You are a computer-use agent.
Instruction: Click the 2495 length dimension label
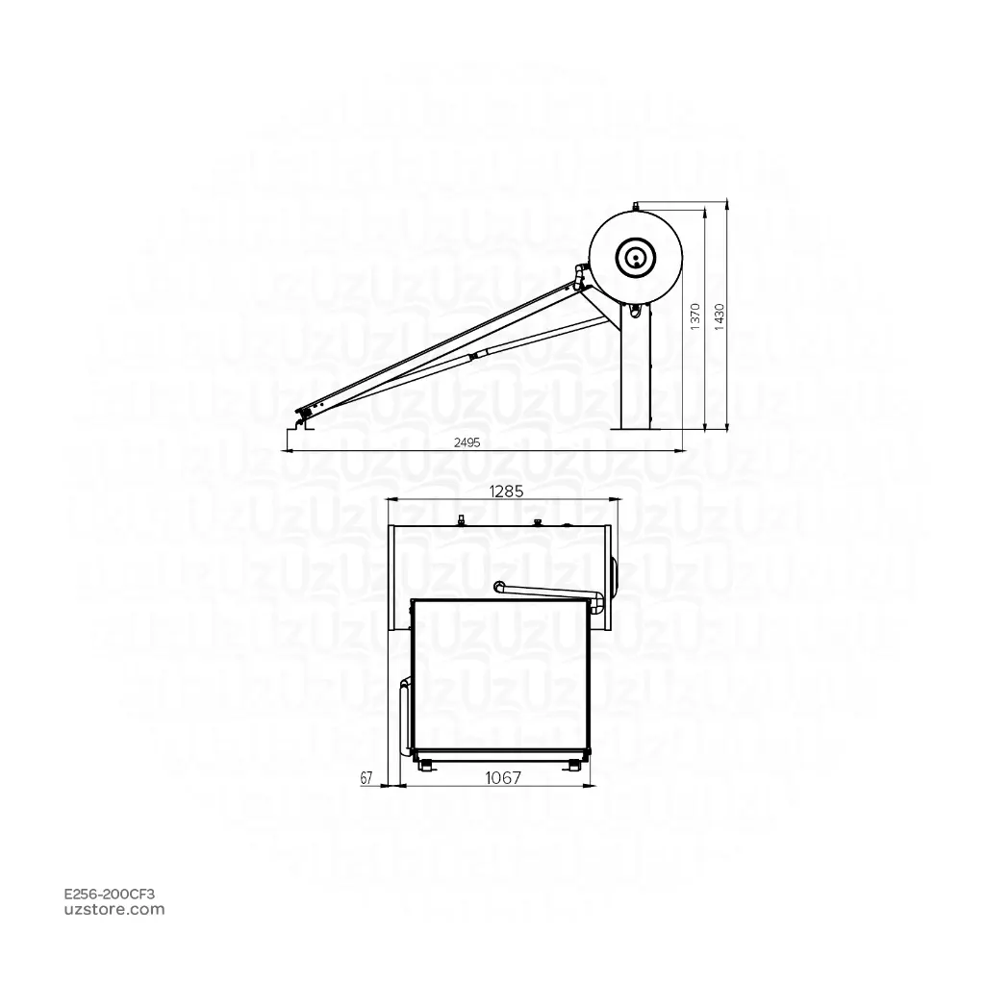467,442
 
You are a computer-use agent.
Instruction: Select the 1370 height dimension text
694,316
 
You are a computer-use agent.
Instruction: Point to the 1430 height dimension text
719,316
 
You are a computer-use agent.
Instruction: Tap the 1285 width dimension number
506,492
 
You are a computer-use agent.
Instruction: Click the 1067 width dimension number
503,777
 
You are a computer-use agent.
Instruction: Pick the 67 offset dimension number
366,778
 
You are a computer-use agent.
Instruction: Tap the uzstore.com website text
114,909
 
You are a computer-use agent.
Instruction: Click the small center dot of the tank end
636,256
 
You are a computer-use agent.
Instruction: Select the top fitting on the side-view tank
636,204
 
